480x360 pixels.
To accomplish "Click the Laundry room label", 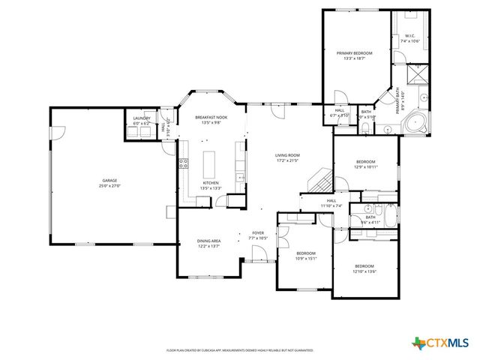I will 142,118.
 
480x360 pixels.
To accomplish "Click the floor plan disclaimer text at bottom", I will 240,349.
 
